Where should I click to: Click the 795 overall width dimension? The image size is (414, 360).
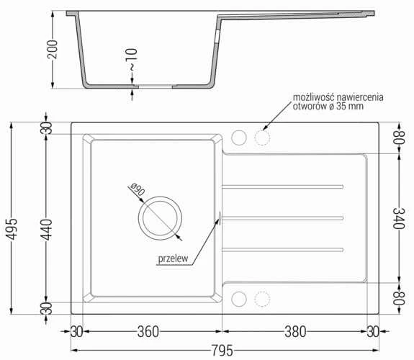(x=222, y=351)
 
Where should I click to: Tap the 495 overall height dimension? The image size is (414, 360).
(x=12, y=229)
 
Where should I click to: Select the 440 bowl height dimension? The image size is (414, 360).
(x=47, y=230)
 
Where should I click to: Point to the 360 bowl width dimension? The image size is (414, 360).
(x=148, y=332)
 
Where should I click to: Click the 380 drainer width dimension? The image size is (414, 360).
(x=295, y=332)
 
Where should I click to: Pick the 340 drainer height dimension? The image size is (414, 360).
(x=399, y=218)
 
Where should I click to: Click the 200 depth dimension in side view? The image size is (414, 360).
(x=53, y=50)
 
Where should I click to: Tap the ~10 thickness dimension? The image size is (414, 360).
(x=132, y=60)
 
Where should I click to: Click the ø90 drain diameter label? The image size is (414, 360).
(x=138, y=189)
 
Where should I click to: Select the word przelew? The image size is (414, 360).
(x=173, y=258)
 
